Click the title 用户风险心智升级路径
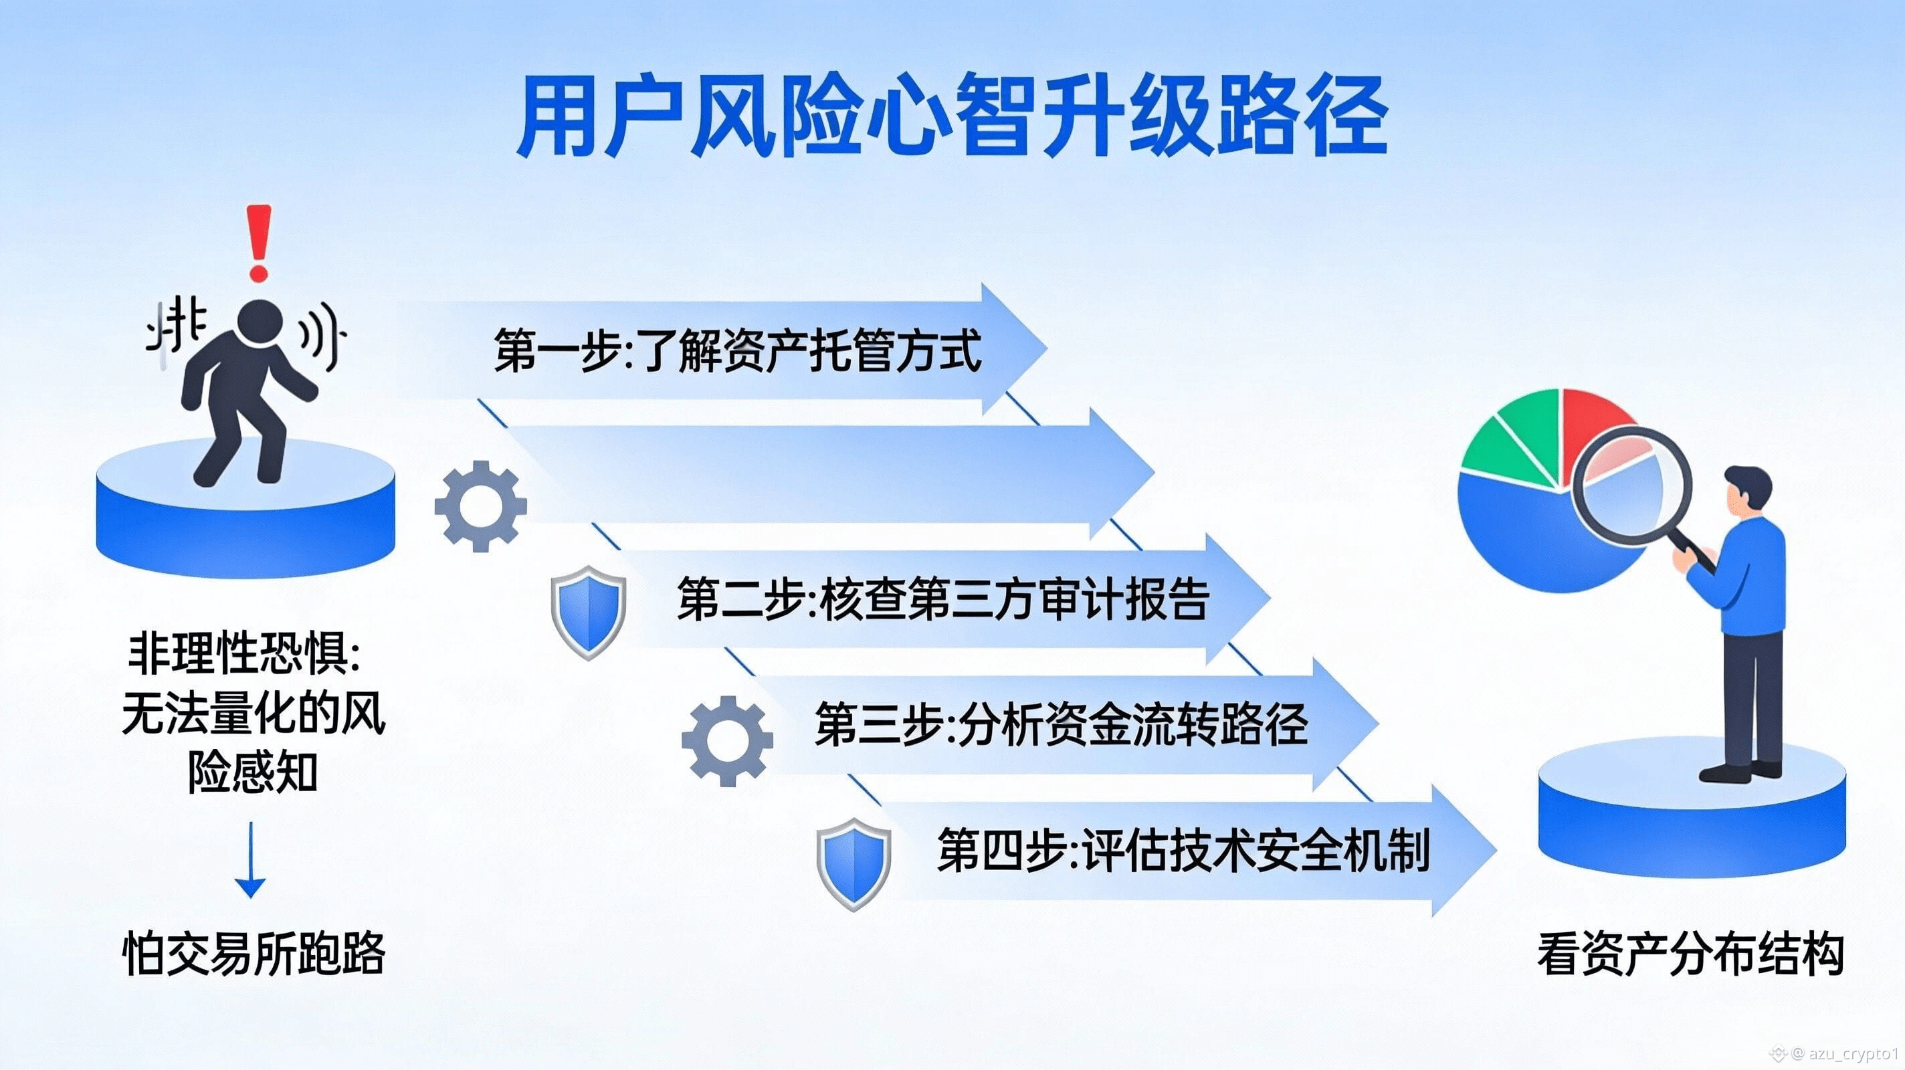click(952, 117)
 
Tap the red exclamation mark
click(258, 243)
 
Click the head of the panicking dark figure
click(260, 324)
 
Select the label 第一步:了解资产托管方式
click(737, 350)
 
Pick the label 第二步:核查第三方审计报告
click(943, 599)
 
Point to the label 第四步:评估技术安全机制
click(1183, 849)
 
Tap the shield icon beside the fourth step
click(854, 863)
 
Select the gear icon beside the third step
click(727, 740)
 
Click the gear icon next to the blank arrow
click(481, 506)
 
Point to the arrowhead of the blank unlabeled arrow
click(1122, 473)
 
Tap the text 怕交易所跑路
click(254, 953)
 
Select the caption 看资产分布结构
click(1690, 953)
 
